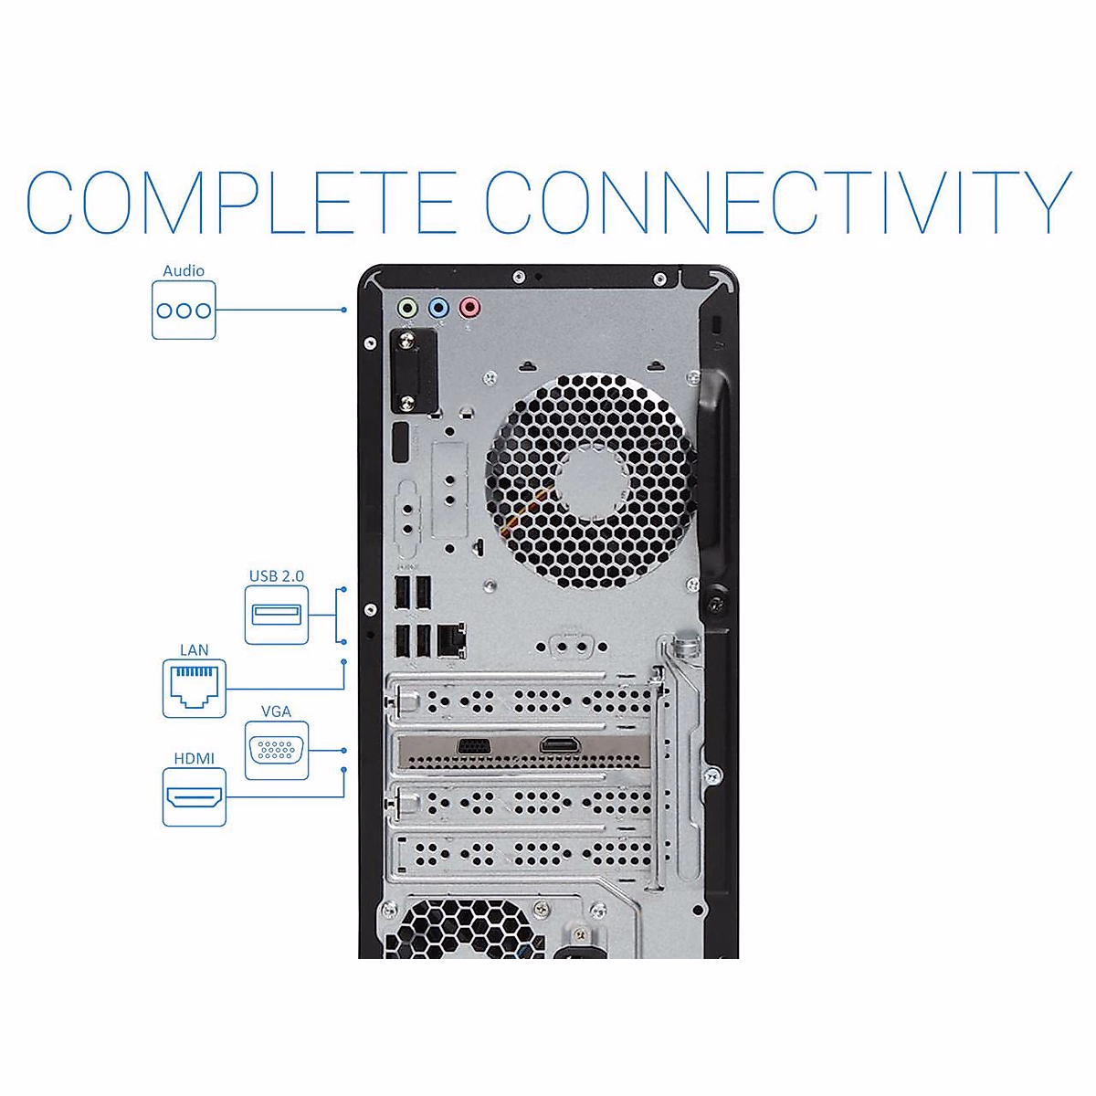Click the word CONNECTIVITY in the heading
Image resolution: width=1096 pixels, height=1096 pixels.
[777, 202]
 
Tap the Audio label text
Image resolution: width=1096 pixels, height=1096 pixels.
[184, 270]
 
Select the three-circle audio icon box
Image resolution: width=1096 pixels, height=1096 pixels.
[184, 311]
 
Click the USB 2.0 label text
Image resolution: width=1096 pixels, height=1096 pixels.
[277, 576]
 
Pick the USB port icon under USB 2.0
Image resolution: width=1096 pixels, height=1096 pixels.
[277, 615]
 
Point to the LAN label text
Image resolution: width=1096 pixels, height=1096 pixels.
[195, 650]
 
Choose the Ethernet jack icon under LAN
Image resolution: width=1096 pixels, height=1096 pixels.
[195, 688]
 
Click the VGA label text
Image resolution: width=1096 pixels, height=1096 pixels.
[276, 711]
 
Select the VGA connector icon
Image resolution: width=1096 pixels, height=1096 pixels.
[276, 750]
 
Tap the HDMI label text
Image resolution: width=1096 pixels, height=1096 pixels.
[195, 759]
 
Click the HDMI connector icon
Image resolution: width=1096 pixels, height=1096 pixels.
[195, 797]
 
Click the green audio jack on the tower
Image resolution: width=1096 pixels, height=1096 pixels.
[408, 307]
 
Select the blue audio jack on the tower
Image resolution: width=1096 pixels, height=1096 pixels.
[439, 307]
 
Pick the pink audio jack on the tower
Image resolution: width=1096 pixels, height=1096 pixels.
[469, 307]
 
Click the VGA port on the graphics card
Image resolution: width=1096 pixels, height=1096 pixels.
[472, 745]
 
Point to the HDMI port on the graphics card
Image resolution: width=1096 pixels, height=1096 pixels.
[555, 745]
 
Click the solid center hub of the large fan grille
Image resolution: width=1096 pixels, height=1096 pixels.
[590, 480]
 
